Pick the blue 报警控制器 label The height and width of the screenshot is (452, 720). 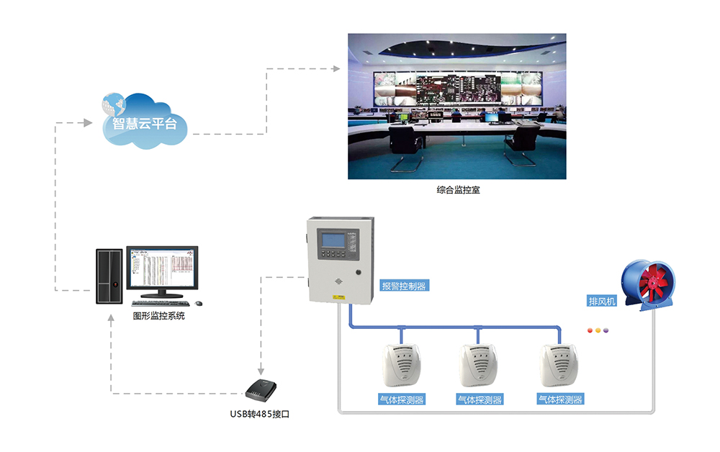[x=403, y=286]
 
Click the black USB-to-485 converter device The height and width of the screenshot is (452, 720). [x=261, y=389]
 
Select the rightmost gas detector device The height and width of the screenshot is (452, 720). [x=559, y=364]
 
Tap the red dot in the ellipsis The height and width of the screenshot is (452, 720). [x=591, y=331]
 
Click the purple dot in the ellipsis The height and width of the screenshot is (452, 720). [x=606, y=331]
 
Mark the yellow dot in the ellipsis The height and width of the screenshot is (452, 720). [x=598, y=331]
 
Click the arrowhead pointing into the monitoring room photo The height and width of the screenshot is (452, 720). [x=336, y=69]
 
